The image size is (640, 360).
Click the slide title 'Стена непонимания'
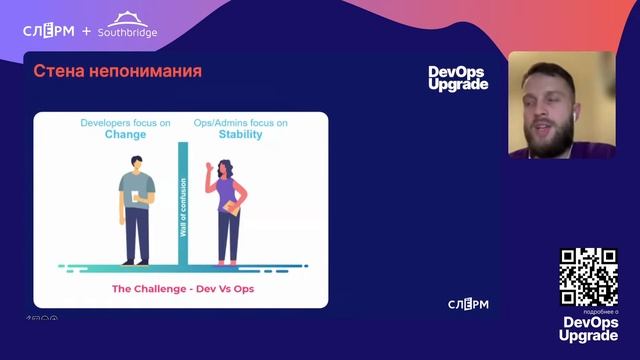[118, 72]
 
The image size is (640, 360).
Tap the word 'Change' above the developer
[125, 134]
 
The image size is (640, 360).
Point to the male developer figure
[136, 210]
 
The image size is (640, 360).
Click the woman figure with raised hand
[225, 210]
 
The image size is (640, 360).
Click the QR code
[588, 276]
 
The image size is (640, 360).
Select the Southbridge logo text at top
[127, 31]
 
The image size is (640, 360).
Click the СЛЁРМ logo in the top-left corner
[48, 31]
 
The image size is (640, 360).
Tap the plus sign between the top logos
[86, 31]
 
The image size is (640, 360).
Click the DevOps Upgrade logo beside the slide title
[458, 78]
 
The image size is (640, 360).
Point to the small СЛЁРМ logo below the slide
[468, 304]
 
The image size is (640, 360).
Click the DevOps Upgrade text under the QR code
[588, 329]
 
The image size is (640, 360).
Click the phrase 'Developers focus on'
[125, 122]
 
